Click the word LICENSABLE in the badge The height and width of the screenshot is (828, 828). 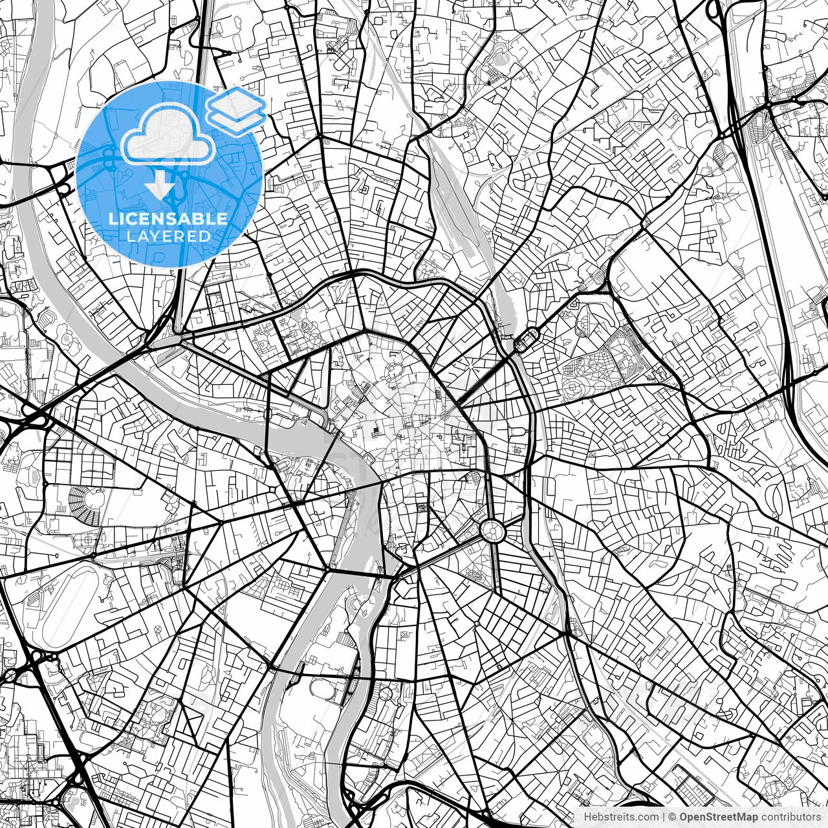[168, 219]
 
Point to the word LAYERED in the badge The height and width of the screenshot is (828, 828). [168, 237]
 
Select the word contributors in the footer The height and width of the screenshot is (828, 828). [793, 817]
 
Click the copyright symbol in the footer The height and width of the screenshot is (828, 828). [672, 817]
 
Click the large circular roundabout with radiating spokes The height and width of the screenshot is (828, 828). [492, 531]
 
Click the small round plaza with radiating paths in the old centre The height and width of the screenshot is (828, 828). [446, 415]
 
